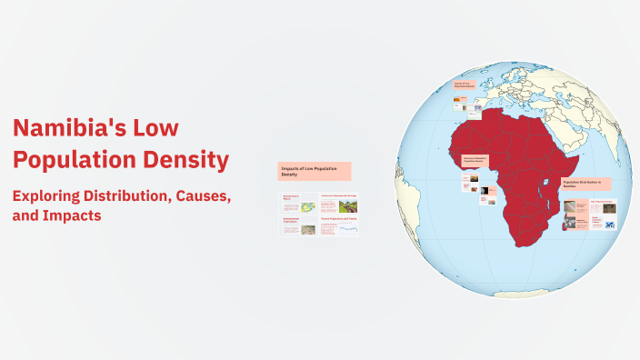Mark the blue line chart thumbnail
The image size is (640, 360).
click(x=348, y=230)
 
